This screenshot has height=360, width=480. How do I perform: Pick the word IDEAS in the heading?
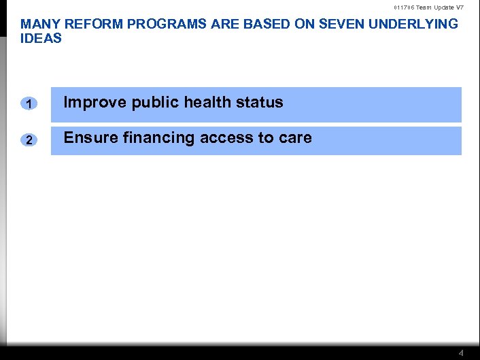(41, 39)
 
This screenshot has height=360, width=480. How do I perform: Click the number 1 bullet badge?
(29, 104)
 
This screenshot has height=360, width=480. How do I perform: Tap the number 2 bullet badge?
(29, 140)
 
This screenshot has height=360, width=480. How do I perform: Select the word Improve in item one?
(95, 103)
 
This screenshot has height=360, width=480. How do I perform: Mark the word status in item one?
(260, 103)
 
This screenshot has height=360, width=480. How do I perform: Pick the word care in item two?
(295, 138)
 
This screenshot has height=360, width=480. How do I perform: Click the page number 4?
(462, 353)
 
